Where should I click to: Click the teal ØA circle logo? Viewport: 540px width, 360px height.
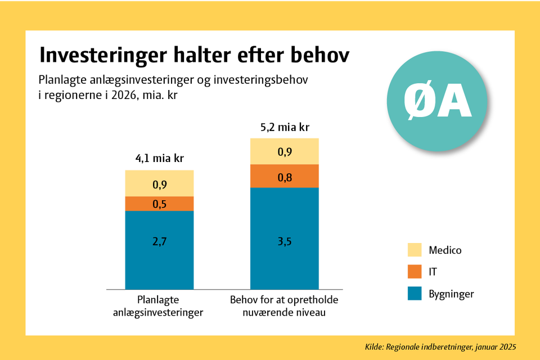[437, 104]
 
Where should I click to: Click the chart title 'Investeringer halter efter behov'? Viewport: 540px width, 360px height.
[193, 56]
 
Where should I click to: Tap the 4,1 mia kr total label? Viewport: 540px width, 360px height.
[159, 159]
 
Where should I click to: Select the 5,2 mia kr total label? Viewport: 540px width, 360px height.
[285, 127]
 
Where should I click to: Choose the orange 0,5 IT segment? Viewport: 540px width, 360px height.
[159, 204]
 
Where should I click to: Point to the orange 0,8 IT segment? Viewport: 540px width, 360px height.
[285, 176]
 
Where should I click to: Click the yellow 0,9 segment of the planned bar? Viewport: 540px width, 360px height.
[159, 183]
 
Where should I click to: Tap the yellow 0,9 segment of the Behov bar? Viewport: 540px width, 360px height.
[285, 151]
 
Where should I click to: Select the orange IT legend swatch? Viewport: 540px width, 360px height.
[415, 272]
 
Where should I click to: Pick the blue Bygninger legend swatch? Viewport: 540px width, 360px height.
[415, 294]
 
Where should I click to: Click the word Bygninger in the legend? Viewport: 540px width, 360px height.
[451, 294]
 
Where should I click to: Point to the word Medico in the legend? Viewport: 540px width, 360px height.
[444, 250]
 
